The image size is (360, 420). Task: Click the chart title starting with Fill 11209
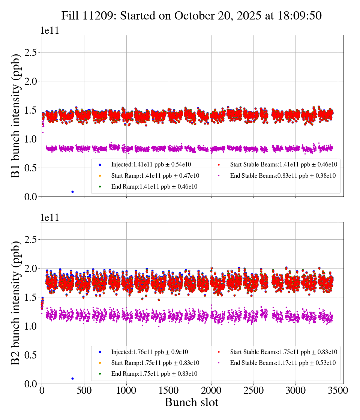[x=192, y=16]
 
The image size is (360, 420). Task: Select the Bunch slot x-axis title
[x=191, y=402]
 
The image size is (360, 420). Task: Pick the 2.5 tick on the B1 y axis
[x=32, y=52]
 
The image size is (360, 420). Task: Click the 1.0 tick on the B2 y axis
[x=32, y=326]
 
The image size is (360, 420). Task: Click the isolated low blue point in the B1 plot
[x=72, y=192]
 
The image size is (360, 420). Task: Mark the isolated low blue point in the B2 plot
[x=72, y=378]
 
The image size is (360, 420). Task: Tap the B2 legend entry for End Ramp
[x=154, y=374]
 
